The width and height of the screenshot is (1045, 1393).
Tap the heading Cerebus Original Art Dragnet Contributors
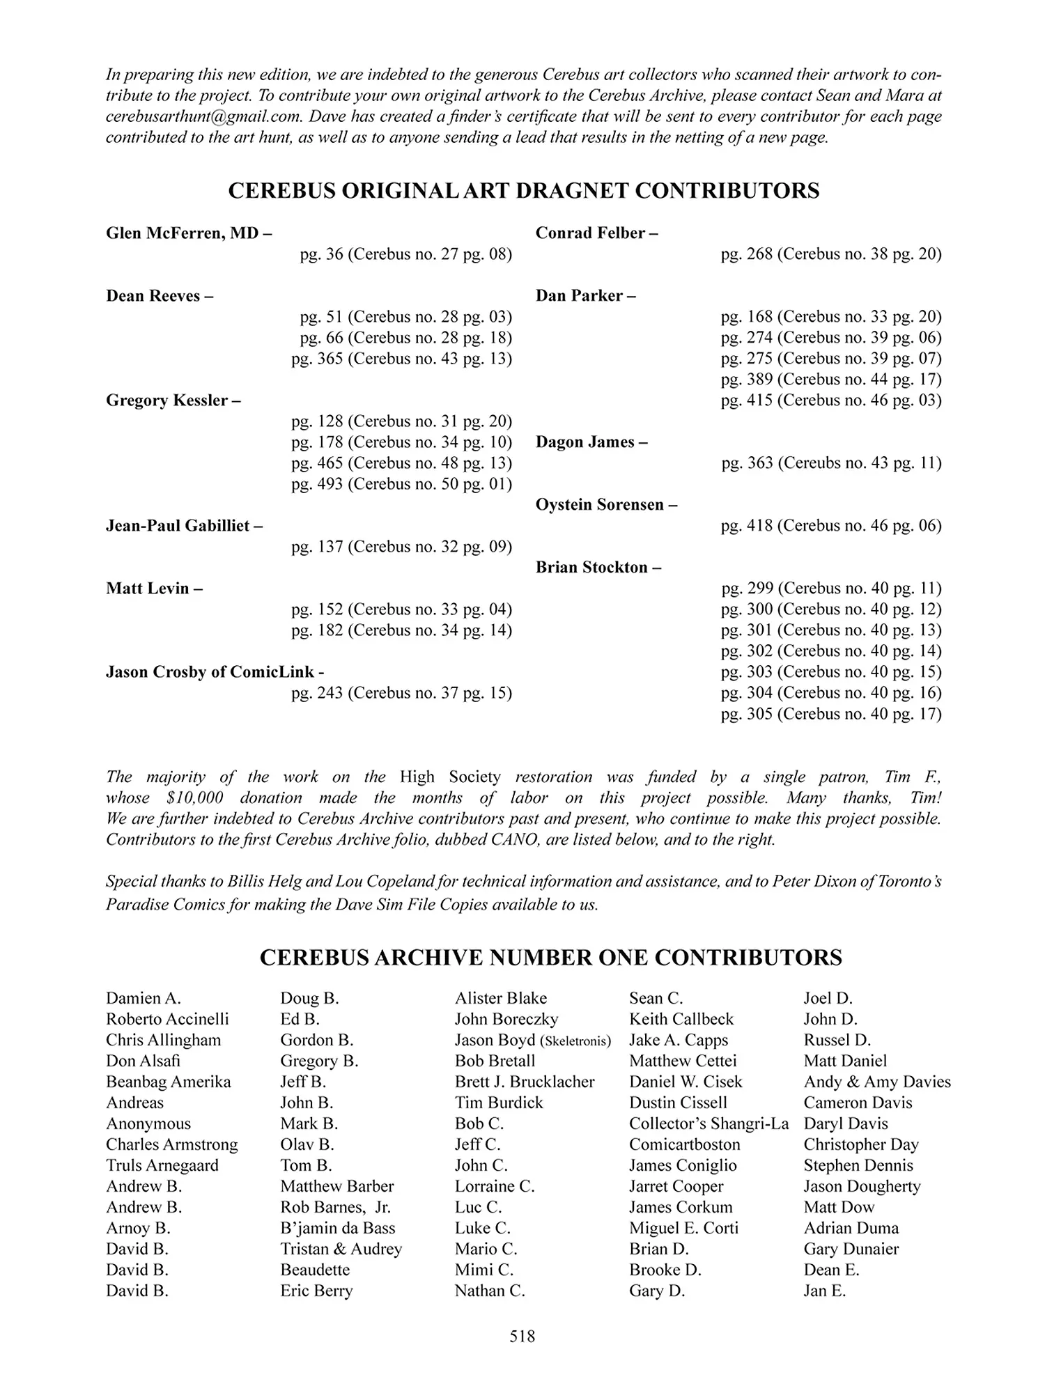point(523,191)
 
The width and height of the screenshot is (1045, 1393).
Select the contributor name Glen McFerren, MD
point(188,233)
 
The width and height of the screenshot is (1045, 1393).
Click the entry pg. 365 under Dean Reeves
point(401,359)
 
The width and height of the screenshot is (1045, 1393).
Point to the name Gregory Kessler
point(173,400)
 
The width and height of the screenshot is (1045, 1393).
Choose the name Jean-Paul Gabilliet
point(184,526)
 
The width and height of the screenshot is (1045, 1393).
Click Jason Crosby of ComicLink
point(215,672)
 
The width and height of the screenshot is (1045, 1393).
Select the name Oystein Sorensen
point(605,505)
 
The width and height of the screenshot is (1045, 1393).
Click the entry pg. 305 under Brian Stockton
point(831,714)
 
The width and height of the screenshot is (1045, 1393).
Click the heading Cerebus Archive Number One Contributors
point(550,957)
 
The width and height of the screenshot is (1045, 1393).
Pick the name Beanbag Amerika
point(168,1082)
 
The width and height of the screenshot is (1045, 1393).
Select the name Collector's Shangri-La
point(709,1123)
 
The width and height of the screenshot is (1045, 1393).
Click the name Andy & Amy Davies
point(876,1082)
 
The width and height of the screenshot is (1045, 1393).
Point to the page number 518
point(522,1336)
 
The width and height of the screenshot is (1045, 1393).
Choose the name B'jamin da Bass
point(337,1228)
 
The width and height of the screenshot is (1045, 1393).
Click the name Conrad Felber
point(596,233)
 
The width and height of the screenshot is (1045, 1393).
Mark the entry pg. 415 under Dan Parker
point(831,400)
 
